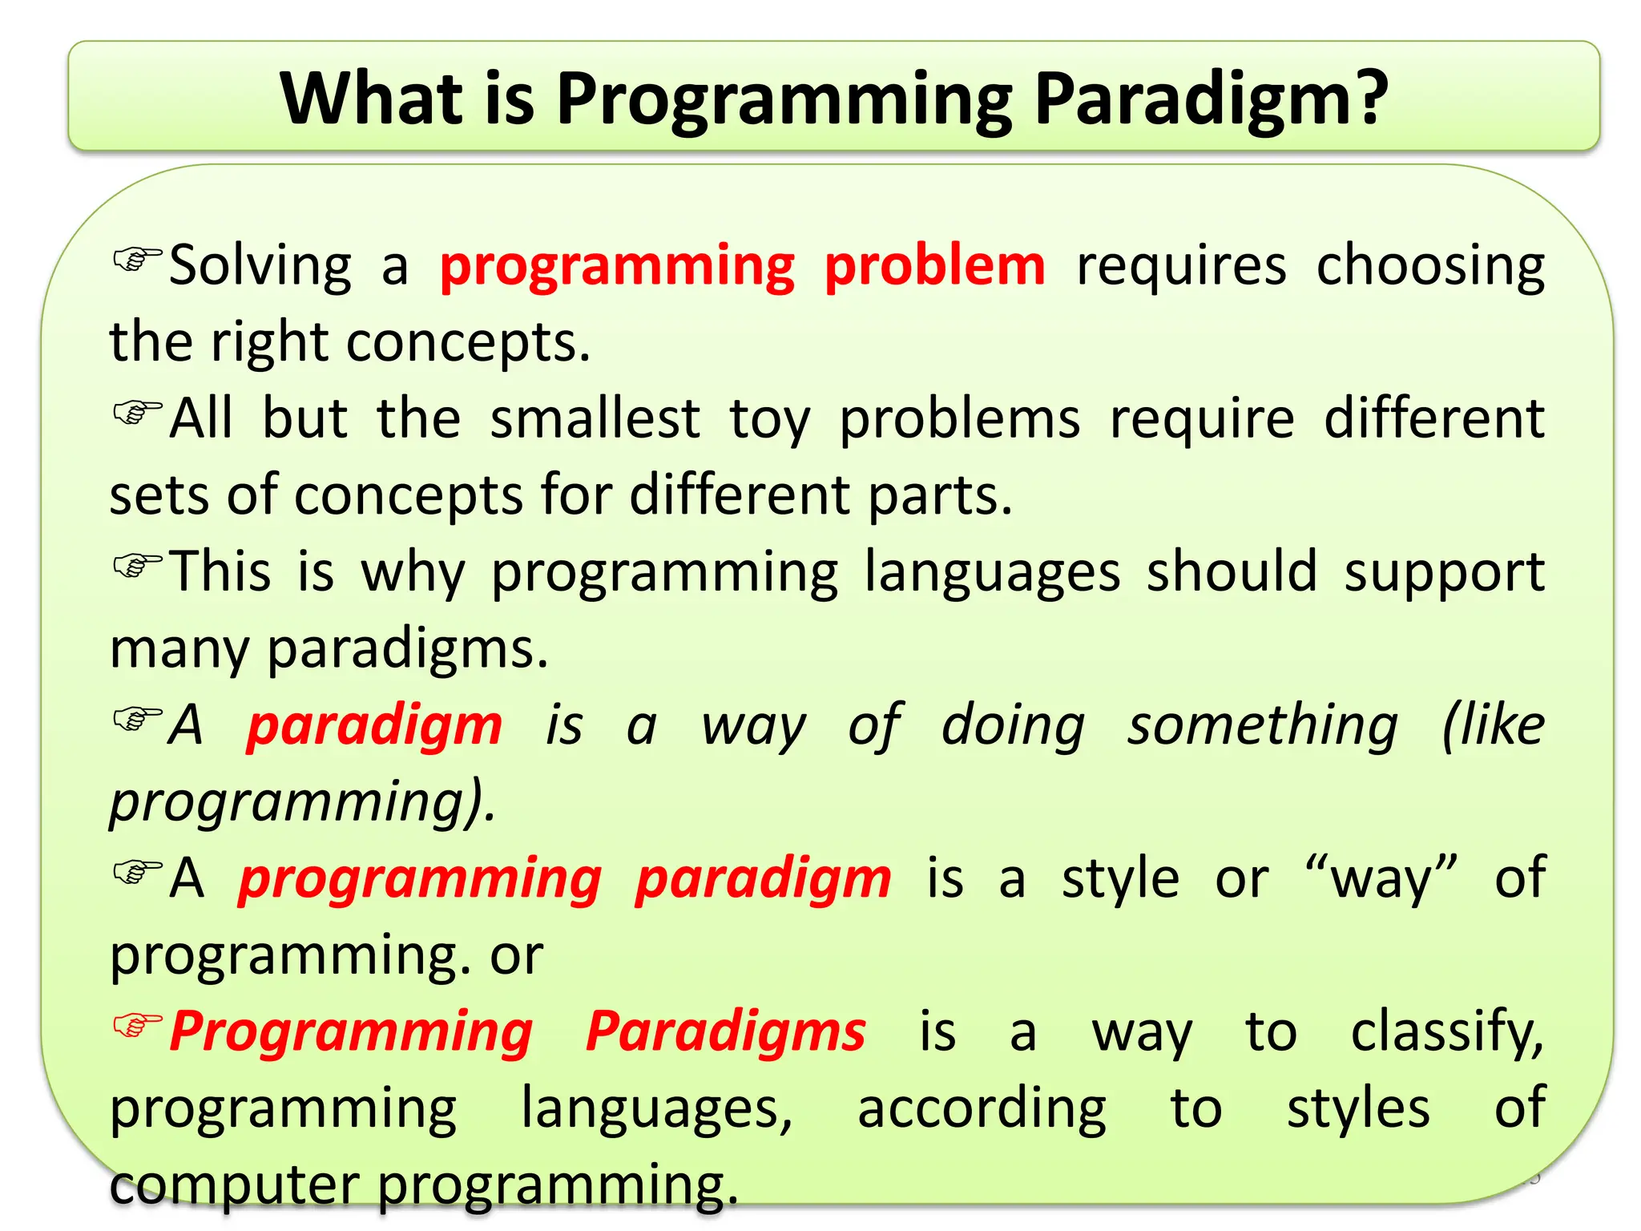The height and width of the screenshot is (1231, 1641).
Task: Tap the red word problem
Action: tap(934, 266)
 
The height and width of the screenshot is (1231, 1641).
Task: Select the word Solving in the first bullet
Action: tap(260, 266)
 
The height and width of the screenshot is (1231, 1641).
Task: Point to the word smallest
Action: tap(595, 418)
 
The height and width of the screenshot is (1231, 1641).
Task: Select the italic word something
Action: tap(1262, 726)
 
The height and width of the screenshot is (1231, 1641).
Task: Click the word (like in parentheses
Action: tap(1493, 726)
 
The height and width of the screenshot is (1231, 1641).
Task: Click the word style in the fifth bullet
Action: tap(1120, 879)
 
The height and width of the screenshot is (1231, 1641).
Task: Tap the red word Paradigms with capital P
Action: tap(725, 1032)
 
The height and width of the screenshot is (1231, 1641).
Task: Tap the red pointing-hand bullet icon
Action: tap(137, 1025)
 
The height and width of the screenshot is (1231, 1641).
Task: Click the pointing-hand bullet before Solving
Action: tap(137, 259)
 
